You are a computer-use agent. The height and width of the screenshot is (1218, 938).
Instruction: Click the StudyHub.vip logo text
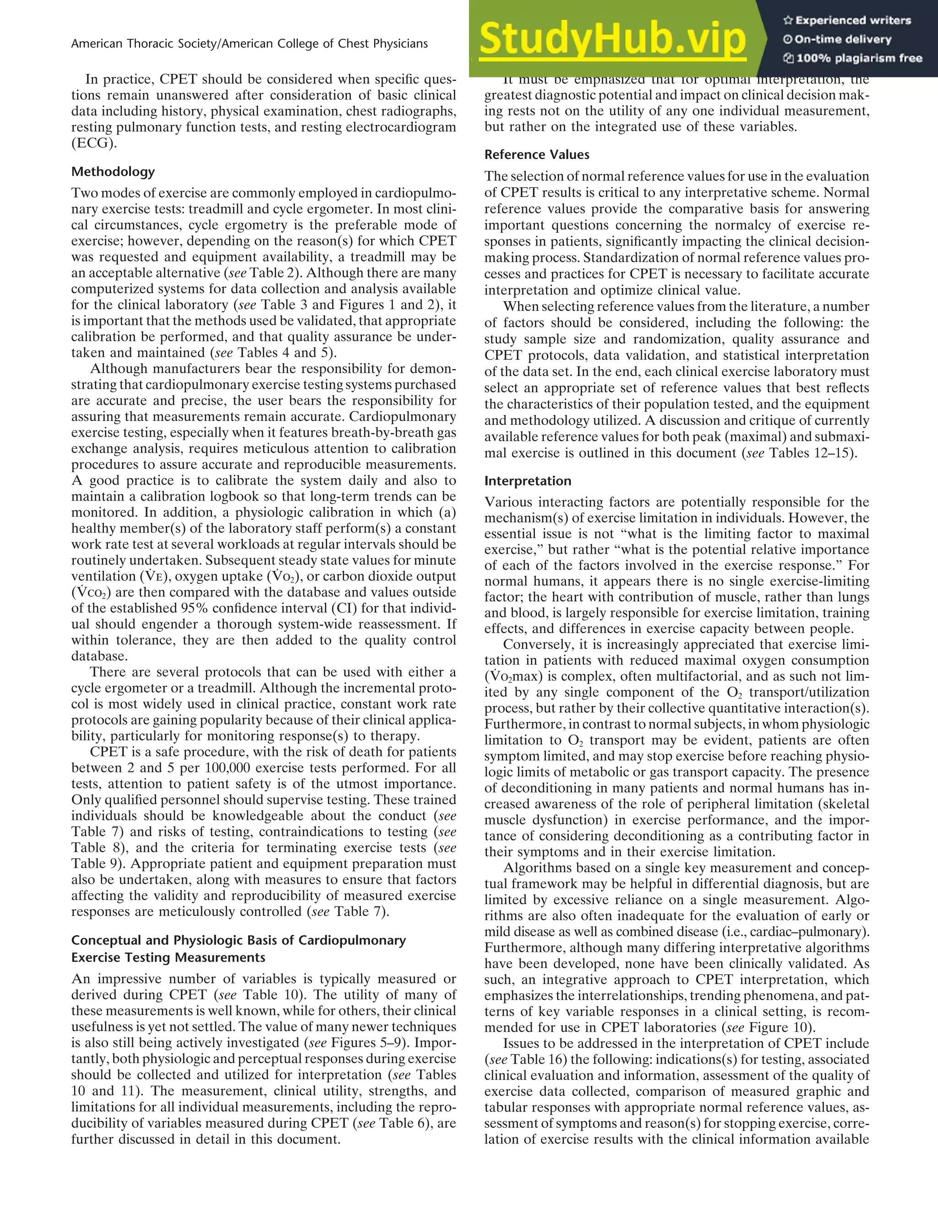(x=612, y=39)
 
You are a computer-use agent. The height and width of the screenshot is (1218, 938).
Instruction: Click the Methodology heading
(x=113, y=172)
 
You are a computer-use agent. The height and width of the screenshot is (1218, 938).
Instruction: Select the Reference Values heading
(x=536, y=154)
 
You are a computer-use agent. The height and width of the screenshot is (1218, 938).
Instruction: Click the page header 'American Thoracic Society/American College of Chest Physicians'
(x=249, y=44)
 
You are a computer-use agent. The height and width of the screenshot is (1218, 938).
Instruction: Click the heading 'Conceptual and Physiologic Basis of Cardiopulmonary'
(x=238, y=940)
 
